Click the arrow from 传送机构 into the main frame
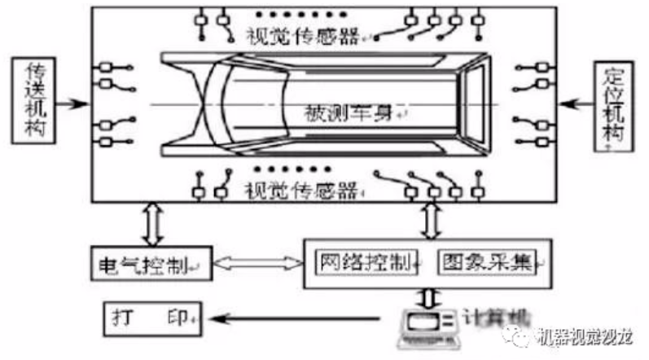[x=76, y=104]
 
